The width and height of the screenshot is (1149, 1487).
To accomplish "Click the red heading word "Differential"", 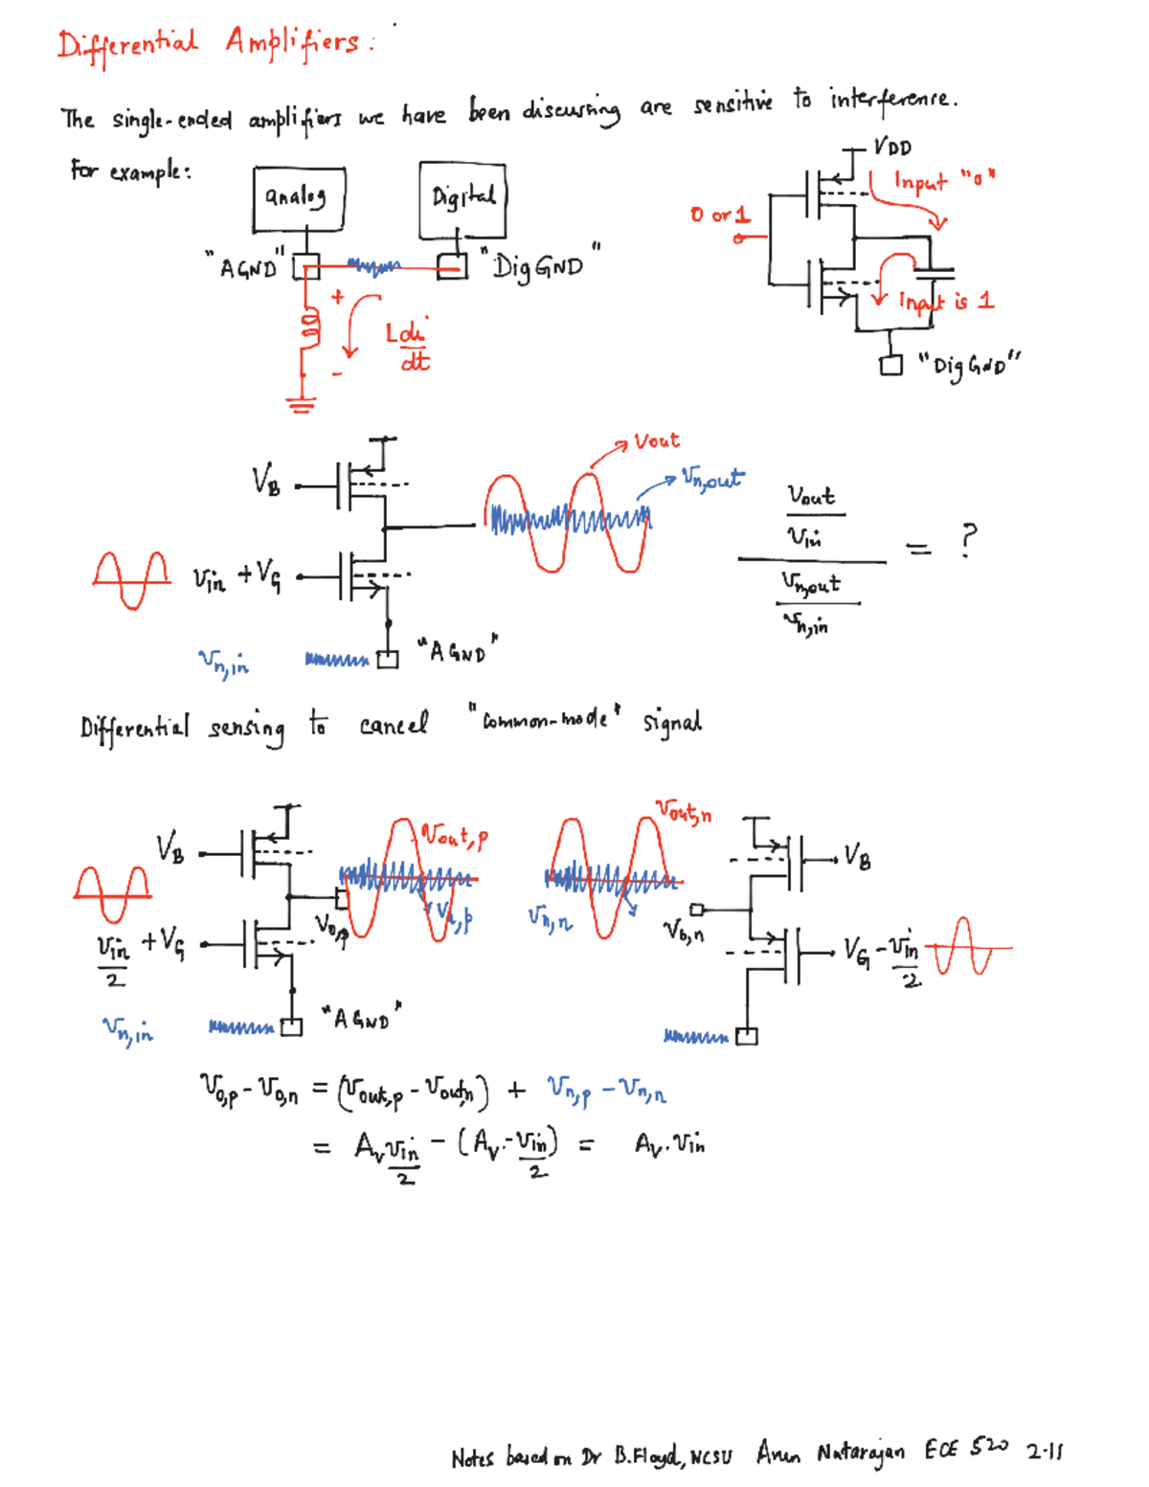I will (127, 45).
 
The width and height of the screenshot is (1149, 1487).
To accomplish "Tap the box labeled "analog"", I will (299, 198).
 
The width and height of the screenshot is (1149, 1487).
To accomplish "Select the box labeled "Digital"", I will (462, 199).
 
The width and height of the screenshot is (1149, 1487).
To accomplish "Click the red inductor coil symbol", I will (309, 328).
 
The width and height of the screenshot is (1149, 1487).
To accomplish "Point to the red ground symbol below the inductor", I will (302, 404).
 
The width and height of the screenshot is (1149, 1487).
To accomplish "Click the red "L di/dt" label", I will (408, 346).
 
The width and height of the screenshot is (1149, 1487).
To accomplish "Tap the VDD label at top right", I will (892, 148).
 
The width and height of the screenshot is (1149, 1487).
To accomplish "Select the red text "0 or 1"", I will (720, 214).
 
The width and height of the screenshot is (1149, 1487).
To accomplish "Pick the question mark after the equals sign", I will (969, 540).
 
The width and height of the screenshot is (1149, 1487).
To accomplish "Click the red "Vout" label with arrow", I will (657, 441).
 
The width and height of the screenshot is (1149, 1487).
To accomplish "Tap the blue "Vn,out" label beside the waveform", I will (712, 478).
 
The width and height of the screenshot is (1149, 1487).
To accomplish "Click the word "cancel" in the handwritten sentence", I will (394, 725).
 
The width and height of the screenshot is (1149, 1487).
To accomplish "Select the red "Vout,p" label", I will (456, 836).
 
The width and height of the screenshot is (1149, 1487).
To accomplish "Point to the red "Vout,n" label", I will (684, 812).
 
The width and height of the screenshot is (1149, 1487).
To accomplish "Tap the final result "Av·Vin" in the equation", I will (669, 1143).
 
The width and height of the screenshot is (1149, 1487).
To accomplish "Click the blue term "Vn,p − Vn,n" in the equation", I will (606, 1090).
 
